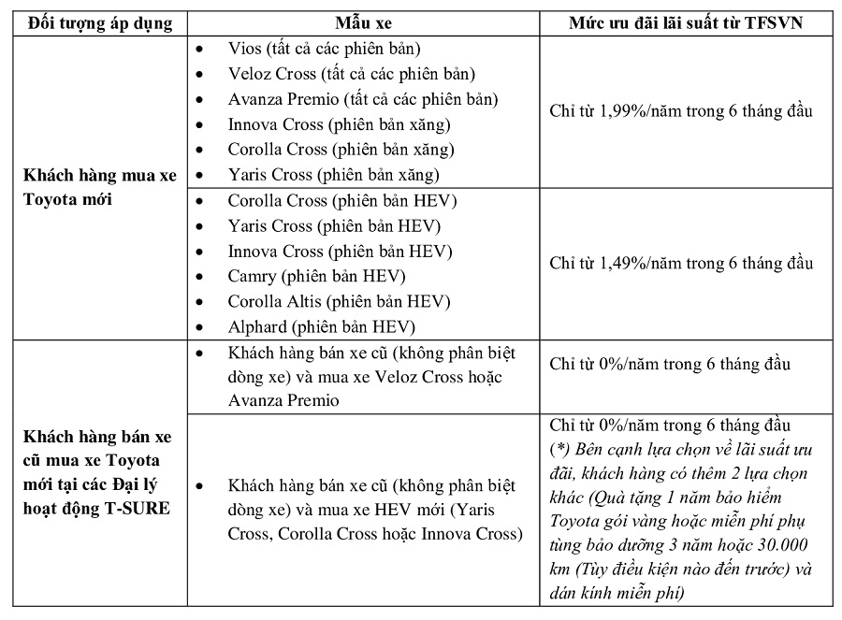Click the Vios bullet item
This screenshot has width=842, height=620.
tap(323, 48)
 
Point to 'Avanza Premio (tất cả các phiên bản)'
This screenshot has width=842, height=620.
tap(362, 98)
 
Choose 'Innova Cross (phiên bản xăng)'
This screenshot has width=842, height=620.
tap(339, 123)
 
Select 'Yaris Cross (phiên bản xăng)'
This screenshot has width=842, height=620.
tap(333, 174)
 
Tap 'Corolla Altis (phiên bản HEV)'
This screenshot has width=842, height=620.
tap(339, 301)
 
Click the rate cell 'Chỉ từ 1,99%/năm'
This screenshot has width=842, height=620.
tap(680, 111)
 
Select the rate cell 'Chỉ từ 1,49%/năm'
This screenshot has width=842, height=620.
tap(680, 263)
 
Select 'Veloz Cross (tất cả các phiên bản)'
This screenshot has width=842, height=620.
tap(351, 73)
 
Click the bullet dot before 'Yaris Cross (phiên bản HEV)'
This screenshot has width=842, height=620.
tap(198, 225)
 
